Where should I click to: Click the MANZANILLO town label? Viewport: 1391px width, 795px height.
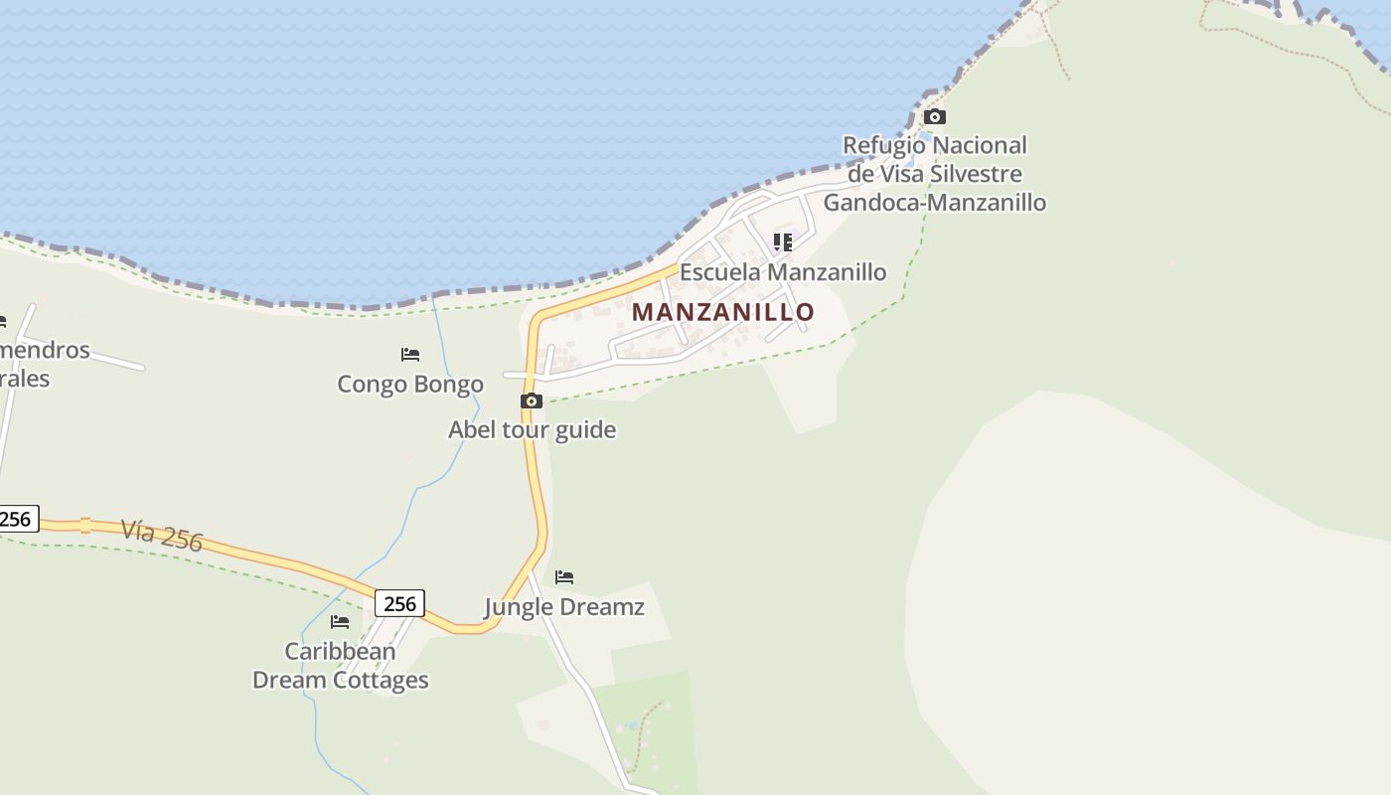click(723, 311)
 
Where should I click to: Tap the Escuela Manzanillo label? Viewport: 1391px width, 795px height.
click(783, 272)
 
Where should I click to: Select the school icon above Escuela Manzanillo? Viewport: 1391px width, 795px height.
click(783, 241)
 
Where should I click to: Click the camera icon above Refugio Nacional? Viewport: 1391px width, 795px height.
click(935, 116)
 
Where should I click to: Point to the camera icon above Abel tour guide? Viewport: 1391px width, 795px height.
click(532, 400)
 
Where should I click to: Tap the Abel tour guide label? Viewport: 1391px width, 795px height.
click(532, 429)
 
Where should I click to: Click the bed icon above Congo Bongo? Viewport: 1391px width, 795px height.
click(410, 354)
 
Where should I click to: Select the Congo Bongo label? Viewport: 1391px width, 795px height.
click(410, 384)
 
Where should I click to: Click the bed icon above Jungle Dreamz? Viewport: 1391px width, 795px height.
click(564, 576)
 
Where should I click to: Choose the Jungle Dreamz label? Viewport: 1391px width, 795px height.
click(564, 606)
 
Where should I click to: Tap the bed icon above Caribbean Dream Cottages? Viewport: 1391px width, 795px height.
click(340, 622)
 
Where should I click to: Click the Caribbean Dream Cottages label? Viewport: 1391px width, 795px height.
click(341, 666)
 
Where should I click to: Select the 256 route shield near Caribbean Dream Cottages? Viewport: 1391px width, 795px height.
click(399, 603)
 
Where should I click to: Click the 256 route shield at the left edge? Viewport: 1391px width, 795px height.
click(15, 519)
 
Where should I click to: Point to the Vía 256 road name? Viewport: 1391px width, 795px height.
click(162, 535)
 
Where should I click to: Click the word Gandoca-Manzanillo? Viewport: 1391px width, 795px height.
click(935, 203)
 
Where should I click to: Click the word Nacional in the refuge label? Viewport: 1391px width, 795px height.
click(981, 145)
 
